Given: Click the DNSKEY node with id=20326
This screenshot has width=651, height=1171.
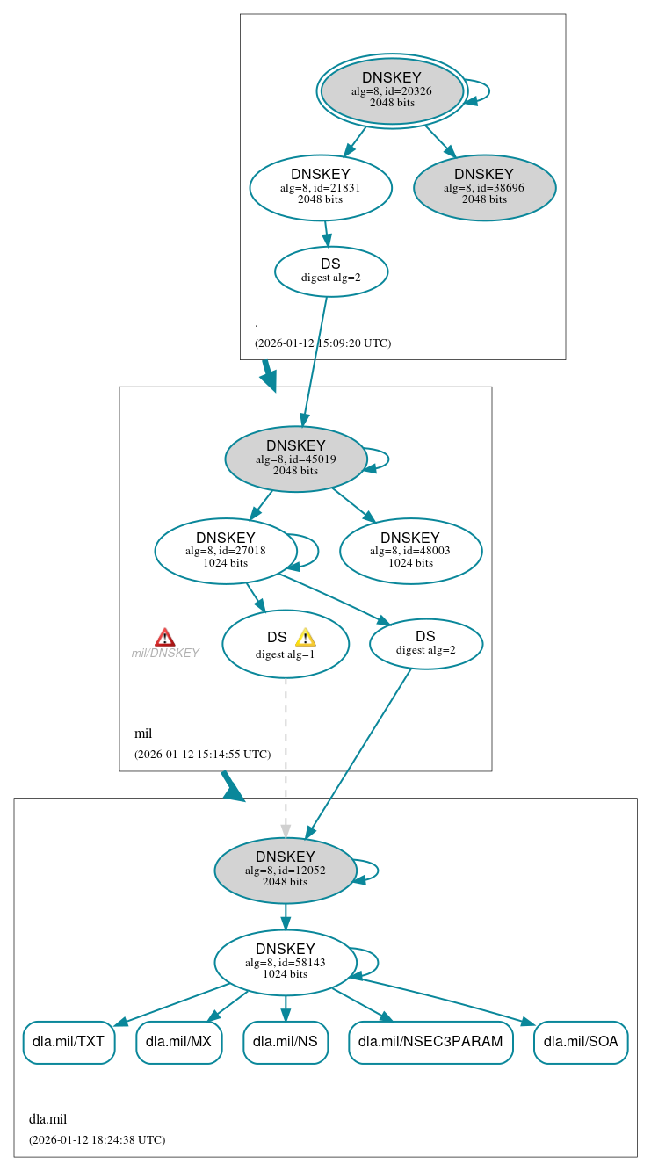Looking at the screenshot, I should click(x=392, y=91).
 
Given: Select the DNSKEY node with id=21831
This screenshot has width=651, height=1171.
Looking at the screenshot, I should click(x=320, y=187).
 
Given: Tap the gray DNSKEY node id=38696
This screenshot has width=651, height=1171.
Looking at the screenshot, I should click(x=484, y=187).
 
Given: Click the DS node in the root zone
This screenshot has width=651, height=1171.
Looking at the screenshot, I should click(x=330, y=271).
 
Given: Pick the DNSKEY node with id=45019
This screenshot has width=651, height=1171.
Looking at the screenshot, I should click(x=295, y=459).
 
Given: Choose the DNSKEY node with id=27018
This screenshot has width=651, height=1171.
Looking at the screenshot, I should click(x=225, y=551).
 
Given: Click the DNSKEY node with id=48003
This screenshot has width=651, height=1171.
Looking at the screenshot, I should click(x=410, y=551).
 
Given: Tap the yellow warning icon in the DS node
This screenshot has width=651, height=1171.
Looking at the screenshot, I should click(x=305, y=638).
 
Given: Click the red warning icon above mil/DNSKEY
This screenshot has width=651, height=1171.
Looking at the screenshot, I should click(x=165, y=637).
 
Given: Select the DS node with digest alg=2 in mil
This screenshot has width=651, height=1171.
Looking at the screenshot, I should click(x=425, y=643).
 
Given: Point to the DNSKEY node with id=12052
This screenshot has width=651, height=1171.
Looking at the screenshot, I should click(x=285, y=870).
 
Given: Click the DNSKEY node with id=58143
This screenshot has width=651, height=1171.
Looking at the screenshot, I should click(x=285, y=962).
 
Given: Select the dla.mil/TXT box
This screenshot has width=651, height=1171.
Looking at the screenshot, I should click(x=69, y=1042).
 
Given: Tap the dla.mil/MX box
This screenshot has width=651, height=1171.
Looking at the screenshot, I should click(x=178, y=1042).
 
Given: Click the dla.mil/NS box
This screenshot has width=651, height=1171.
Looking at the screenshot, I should click(x=285, y=1042).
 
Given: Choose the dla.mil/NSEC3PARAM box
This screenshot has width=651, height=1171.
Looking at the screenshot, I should click(x=430, y=1042).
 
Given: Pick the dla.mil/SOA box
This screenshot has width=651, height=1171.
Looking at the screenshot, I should click(x=580, y=1042).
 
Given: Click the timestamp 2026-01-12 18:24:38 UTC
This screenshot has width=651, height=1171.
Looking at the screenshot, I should click(x=97, y=1139).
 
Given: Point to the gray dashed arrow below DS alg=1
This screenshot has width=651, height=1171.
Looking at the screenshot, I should click(x=286, y=755).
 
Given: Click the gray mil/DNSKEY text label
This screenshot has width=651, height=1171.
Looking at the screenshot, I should click(x=165, y=654).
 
